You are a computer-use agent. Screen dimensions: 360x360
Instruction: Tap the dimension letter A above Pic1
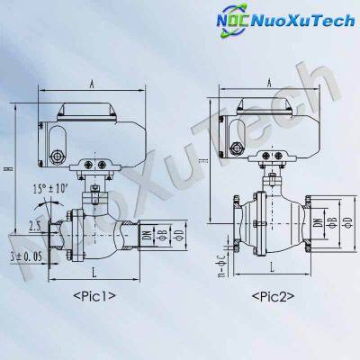(x=93, y=83)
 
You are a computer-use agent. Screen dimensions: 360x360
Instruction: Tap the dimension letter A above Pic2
(x=270, y=83)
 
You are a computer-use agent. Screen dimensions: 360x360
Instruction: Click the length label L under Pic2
(x=271, y=268)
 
